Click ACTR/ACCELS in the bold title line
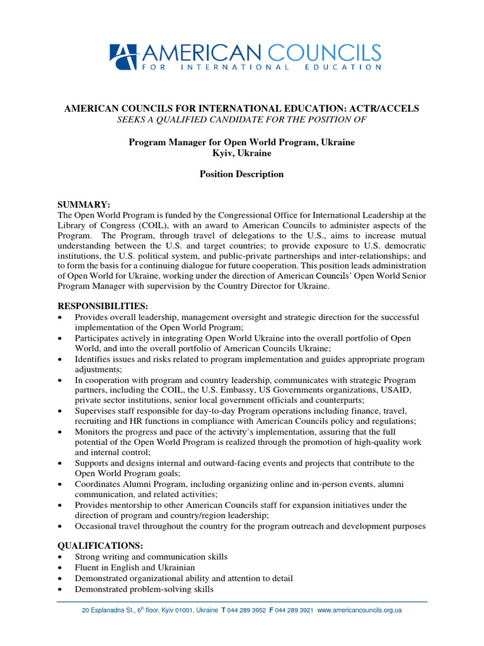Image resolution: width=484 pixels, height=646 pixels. tap(387, 109)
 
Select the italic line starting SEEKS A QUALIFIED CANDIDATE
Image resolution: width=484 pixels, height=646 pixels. tap(241, 119)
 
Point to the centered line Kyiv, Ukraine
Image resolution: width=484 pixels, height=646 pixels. tap(241, 153)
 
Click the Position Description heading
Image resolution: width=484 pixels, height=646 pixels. tap(241, 174)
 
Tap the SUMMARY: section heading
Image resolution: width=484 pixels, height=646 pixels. tap(84, 205)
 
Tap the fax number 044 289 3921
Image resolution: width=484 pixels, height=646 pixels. tap(294, 611)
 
